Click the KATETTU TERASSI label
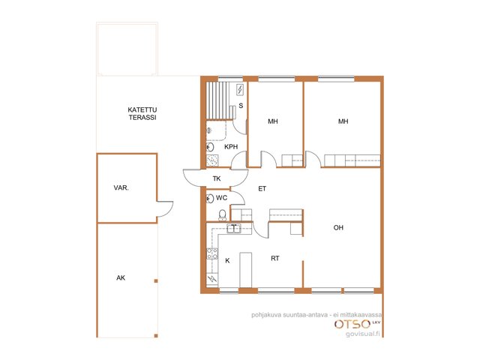142,113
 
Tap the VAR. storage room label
121,187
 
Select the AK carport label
121,277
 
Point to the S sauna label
241,106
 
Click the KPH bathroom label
231,147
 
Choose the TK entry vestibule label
217,178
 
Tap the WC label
221,198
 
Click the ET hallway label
262,188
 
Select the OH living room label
338,227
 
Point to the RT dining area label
275,258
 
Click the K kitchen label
227,260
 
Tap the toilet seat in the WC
222,214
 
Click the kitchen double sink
234,228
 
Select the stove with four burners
212,253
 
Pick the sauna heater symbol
240,90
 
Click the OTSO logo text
352,324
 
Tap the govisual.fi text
363,334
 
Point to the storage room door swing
165,208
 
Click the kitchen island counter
245,270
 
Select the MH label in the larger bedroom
343,121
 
